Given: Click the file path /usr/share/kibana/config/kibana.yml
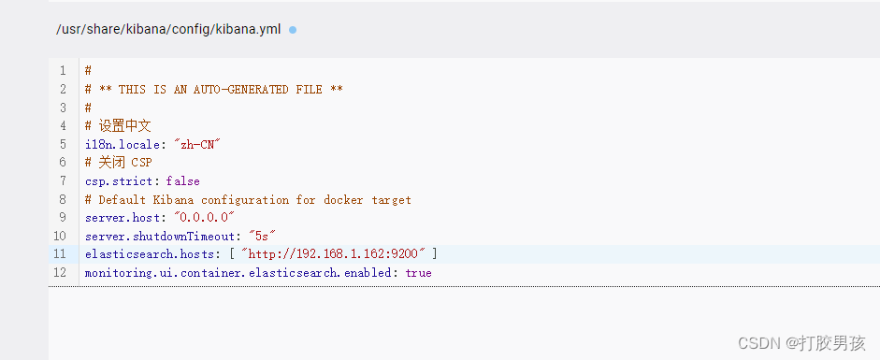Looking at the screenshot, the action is (168, 29).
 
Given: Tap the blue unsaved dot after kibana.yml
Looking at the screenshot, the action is (293, 30).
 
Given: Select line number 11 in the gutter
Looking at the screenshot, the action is (61, 254).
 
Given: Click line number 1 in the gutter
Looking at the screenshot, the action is (63, 71).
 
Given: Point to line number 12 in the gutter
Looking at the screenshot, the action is (61, 273).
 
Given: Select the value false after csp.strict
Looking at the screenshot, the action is (182, 180).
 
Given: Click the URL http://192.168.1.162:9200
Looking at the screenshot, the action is (334, 254).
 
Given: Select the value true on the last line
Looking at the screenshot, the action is (418, 273).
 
